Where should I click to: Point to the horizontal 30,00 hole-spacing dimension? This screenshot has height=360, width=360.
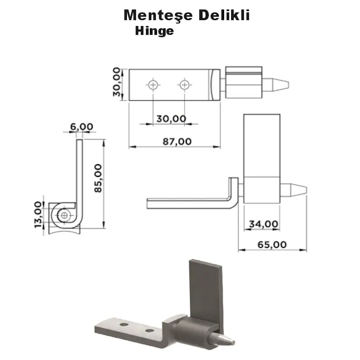171,118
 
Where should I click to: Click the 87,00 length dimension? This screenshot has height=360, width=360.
176,141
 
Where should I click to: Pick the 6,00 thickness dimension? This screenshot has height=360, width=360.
81,127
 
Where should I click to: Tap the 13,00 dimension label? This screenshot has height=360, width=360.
38,215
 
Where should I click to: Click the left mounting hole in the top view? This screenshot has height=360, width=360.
153,85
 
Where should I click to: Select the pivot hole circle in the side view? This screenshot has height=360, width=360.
64,216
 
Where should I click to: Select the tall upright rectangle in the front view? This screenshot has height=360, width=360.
262,144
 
